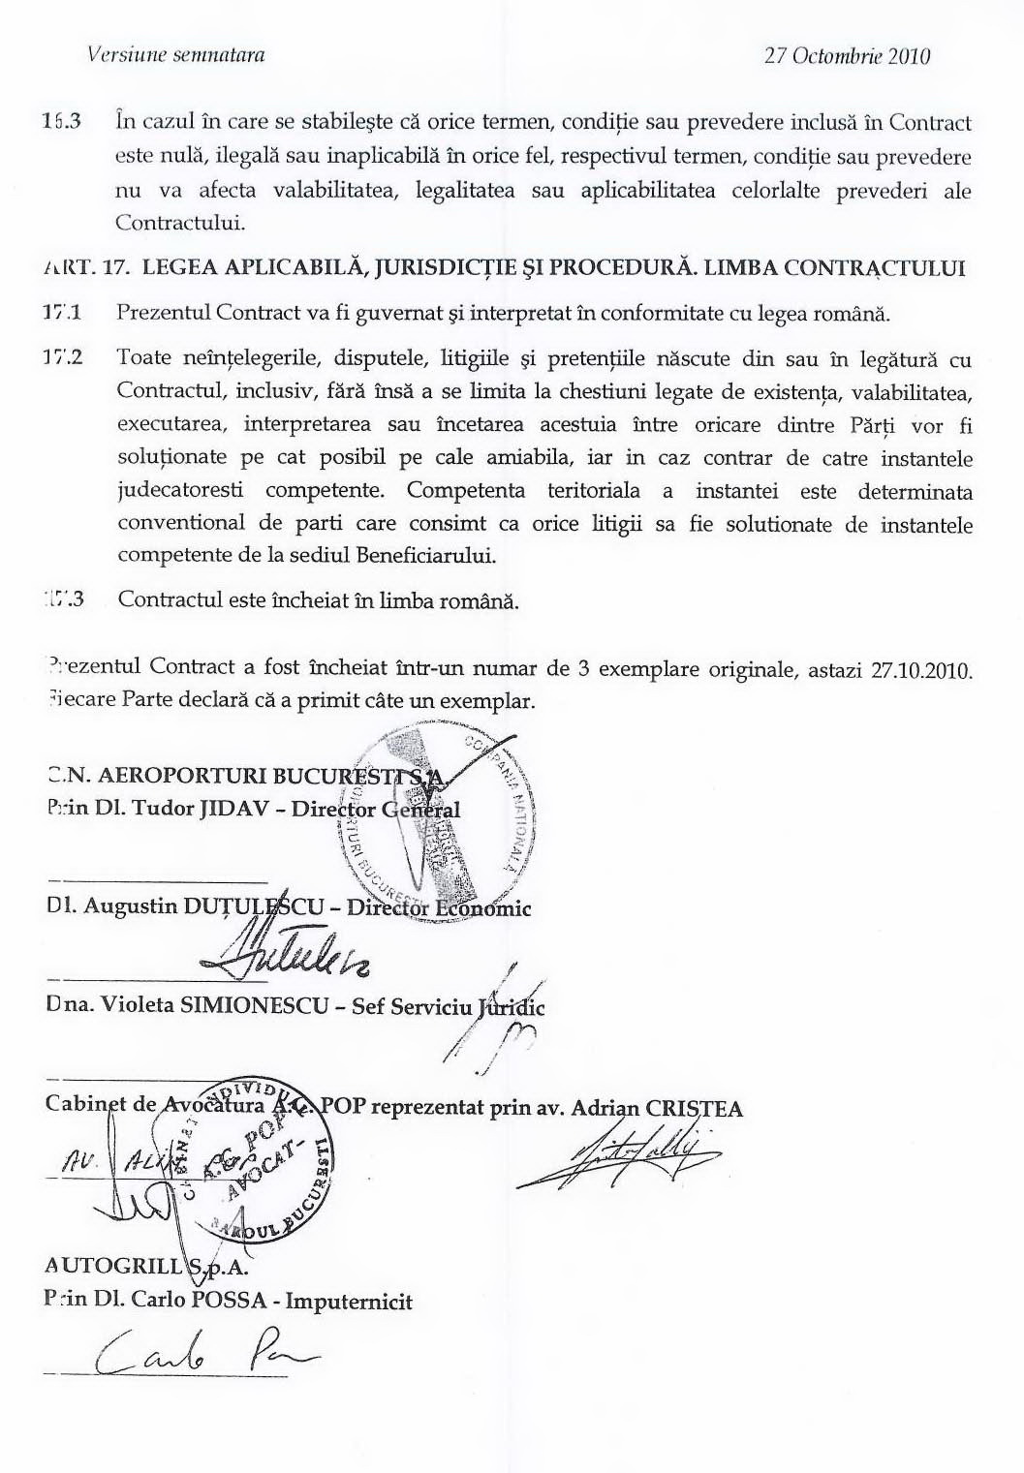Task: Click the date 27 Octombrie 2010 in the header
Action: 847,55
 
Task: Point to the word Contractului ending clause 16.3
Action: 180,223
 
